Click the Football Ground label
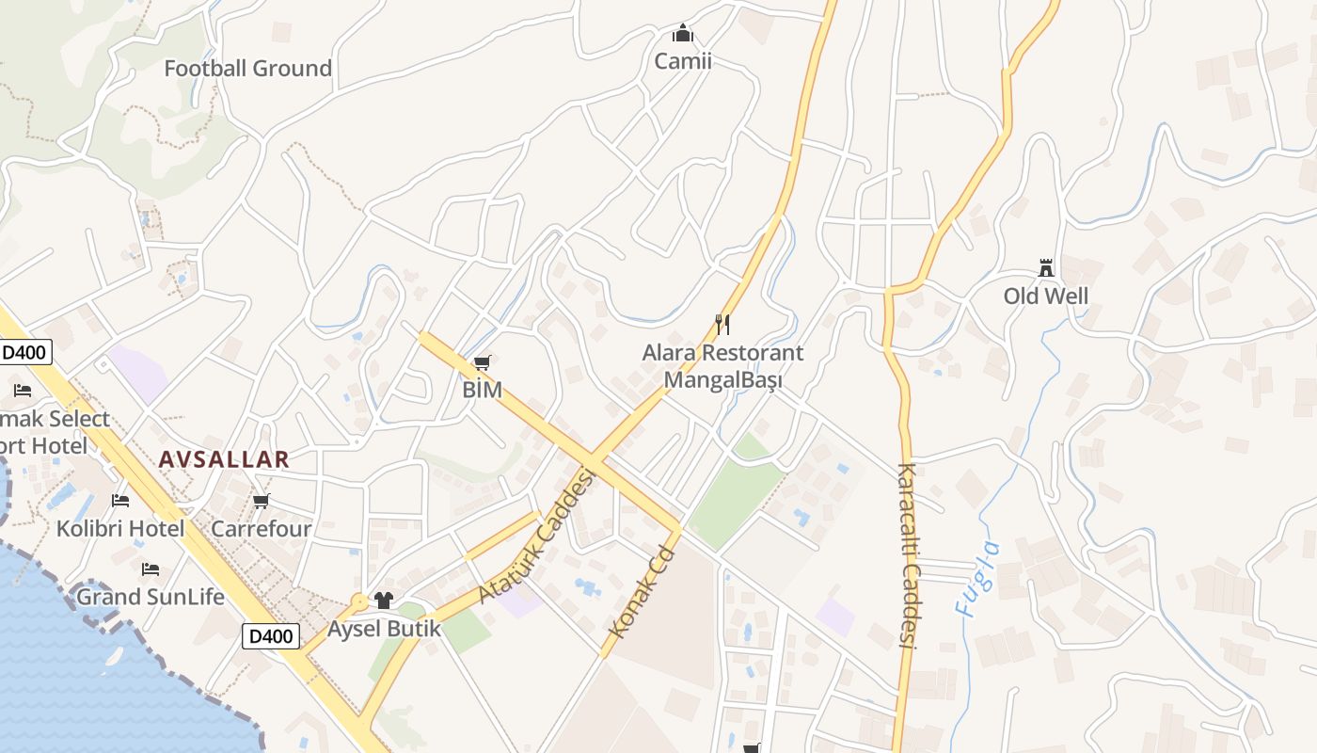pyautogui.click(x=247, y=68)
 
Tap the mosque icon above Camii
pyautogui.click(x=683, y=34)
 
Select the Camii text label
pyautogui.click(x=683, y=61)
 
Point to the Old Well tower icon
pyautogui.click(x=1045, y=268)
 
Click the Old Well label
pyautogui.click(x=1045, y=296)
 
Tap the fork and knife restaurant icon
pyautogui.click(x=722, y=325)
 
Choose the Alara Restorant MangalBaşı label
pyautogui.click(x=722, y=366)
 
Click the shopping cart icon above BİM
pyautogui.click(x=483, y=362)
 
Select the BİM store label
pyautogui.click(x=483, y=389)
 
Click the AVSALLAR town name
pyautogui.click(x=224, y=459)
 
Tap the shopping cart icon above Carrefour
pyautogui.click(x=261, y=502)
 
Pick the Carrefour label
pyautogui.click(x=261, y=529)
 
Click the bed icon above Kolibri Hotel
pyautogui.click(x=120, y=501)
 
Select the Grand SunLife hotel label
pyautogui.click(x=151, y=597)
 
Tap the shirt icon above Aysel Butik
pyautogui.click(x=383, y=600)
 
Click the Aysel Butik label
pyautogui.click(x=384, y=628)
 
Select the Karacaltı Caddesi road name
pyautogui.click(x=907, y=555)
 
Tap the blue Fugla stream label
pyautogui.click(x=976, y=578)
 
